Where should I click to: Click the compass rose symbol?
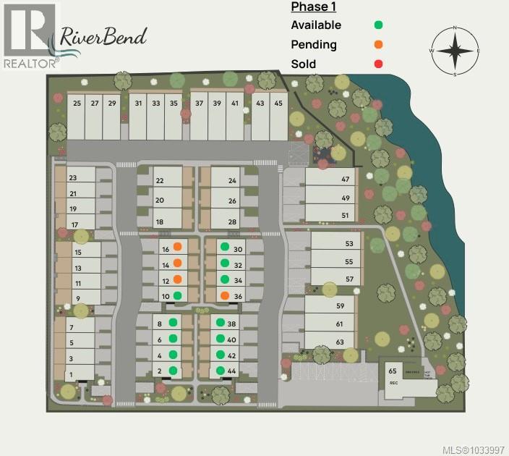455,51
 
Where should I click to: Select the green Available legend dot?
378,25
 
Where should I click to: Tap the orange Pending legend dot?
378,45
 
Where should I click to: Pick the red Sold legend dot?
378,64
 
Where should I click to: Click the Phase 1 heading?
313,7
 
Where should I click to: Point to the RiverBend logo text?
103,35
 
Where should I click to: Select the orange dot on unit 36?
225,295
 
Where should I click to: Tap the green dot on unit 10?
177,295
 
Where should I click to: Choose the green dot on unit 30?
225,247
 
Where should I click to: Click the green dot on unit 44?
221,371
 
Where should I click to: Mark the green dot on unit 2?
173,371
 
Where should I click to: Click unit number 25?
77,104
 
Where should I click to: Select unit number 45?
278,104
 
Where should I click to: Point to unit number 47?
346,180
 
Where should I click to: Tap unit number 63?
339,342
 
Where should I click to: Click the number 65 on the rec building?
393,370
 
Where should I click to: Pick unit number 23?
72,178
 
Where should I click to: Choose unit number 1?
71,375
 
